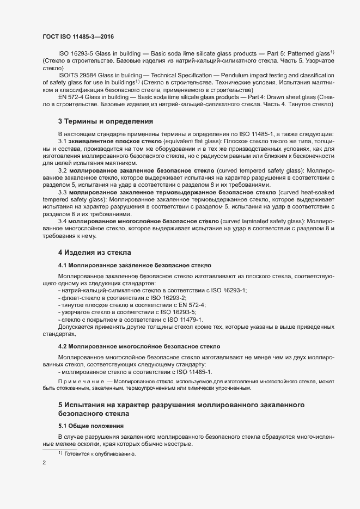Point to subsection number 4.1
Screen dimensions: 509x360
(x=63, y=265)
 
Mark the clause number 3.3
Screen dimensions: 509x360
(x=63, y=193)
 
